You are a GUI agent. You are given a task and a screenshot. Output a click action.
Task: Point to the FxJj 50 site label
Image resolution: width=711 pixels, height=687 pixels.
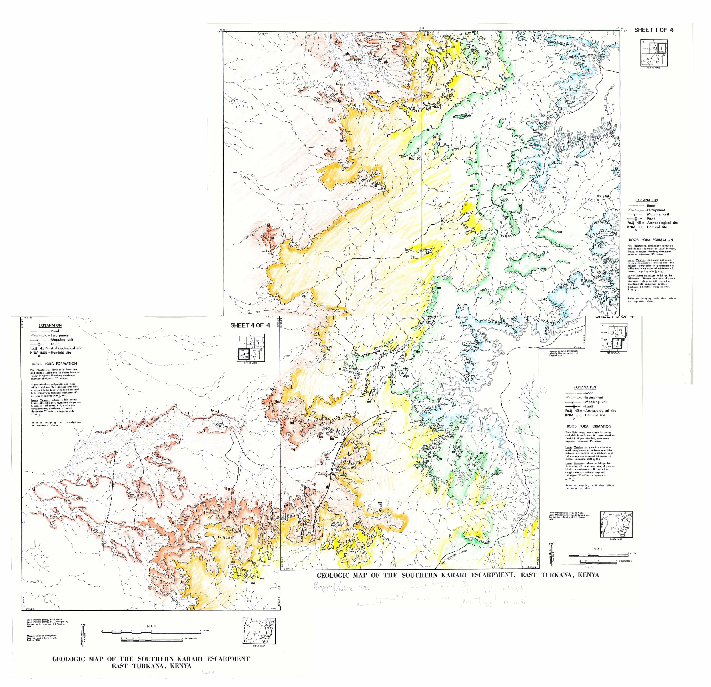[x=414, y=159]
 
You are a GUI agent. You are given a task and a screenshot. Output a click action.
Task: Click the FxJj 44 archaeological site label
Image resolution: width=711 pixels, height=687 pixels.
[x=603, y=196]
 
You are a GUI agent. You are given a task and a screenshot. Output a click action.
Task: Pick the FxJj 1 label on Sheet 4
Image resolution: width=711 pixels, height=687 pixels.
[x=224, y=537]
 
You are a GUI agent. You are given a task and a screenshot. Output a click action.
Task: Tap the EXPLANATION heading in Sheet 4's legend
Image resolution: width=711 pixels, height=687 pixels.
[x=50, y=325]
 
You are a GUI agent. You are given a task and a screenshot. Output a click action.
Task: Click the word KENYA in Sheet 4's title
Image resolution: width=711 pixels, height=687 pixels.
[x=177, y=666]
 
